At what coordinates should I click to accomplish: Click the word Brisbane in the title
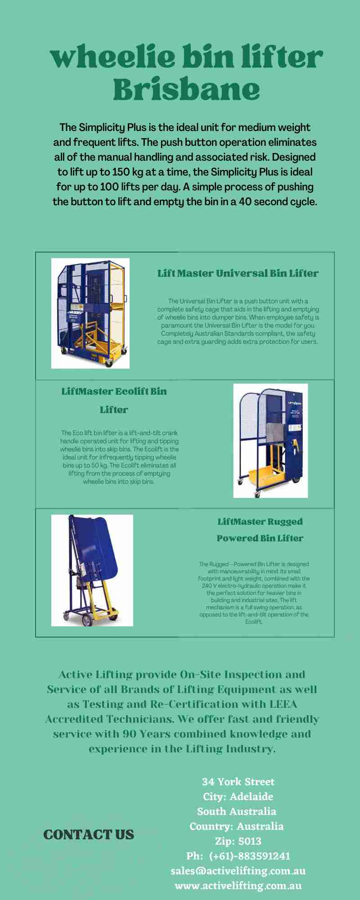tap(186, 90)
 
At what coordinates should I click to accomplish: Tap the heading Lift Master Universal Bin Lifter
tap(238, 273)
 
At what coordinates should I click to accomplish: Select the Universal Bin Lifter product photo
tap(90, 313)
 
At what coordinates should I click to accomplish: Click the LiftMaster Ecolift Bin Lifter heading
tap(114, 400)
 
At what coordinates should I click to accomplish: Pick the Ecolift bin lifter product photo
tap(270, 441)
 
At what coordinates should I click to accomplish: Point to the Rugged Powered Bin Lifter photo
tap(92, 570)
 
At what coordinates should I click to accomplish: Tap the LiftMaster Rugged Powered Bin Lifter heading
tap(260, 530)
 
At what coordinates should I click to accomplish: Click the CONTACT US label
tap(89, 835)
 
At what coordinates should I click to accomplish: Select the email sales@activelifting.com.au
tap(238, 871)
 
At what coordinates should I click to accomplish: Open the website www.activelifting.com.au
tap(238, 886)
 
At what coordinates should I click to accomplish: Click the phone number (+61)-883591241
tap(250, 856)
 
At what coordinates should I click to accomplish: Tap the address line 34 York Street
tap(238, 782)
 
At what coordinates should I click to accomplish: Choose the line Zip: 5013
tap(238, 841)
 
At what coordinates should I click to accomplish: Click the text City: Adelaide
tap(238, 796)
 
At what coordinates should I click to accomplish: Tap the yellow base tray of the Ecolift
tap(266, 476)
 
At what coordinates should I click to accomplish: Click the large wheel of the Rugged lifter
tap(87, 620)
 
